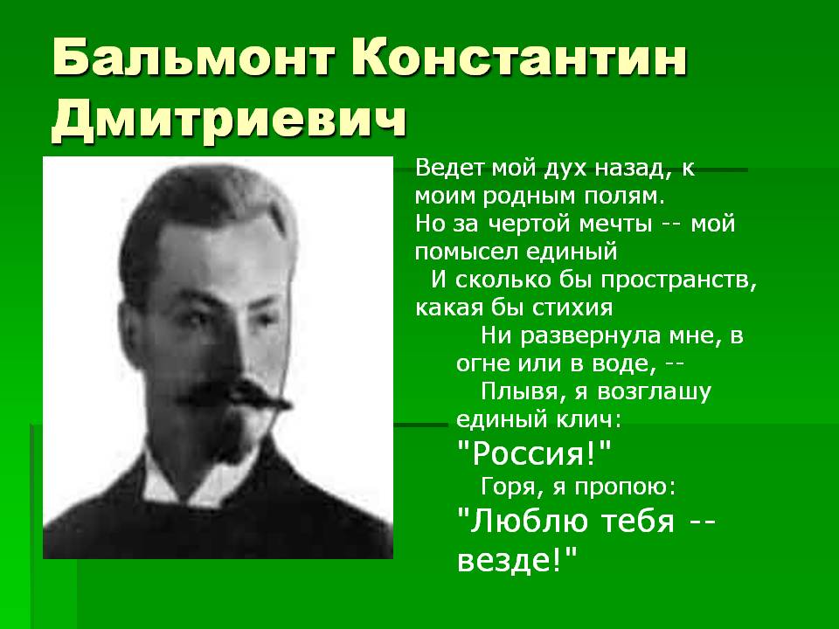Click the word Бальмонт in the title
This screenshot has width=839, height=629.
[194, 58]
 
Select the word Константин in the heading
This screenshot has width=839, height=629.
[519, 58]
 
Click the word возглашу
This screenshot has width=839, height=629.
[654, 391]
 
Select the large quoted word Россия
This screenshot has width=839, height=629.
[534, 453]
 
